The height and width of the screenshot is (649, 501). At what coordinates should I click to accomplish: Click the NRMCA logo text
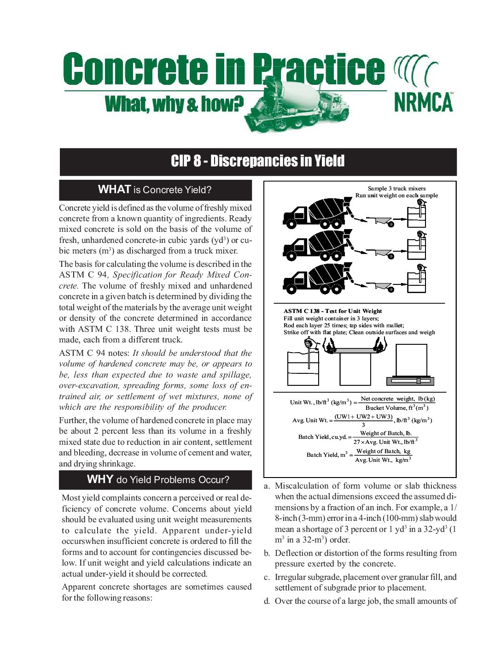coord(424,102)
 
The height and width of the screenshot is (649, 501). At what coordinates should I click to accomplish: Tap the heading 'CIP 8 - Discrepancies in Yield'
coord(258,161)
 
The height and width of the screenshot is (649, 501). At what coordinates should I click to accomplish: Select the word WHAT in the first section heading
coord(114,189)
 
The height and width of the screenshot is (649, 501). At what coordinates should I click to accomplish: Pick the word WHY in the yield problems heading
coord(100,479)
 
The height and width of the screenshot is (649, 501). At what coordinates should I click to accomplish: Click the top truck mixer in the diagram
coord(318,213)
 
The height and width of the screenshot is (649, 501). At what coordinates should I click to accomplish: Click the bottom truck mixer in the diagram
coord(318,279)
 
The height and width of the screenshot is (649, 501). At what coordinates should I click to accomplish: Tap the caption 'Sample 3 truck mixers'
coord(396,188)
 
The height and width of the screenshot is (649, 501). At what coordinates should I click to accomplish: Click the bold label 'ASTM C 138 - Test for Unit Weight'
coord(332,311)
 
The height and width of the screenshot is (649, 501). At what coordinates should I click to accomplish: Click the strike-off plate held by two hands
coord(355,350)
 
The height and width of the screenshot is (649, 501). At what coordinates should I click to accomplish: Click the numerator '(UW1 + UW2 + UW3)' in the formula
coord(363,417)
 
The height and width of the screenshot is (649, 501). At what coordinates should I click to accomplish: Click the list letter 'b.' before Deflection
coord(267,553)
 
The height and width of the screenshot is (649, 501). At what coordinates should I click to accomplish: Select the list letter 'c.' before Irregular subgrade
coord(267,577)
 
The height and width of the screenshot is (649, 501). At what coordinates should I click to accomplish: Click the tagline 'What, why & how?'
coord(174,104)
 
